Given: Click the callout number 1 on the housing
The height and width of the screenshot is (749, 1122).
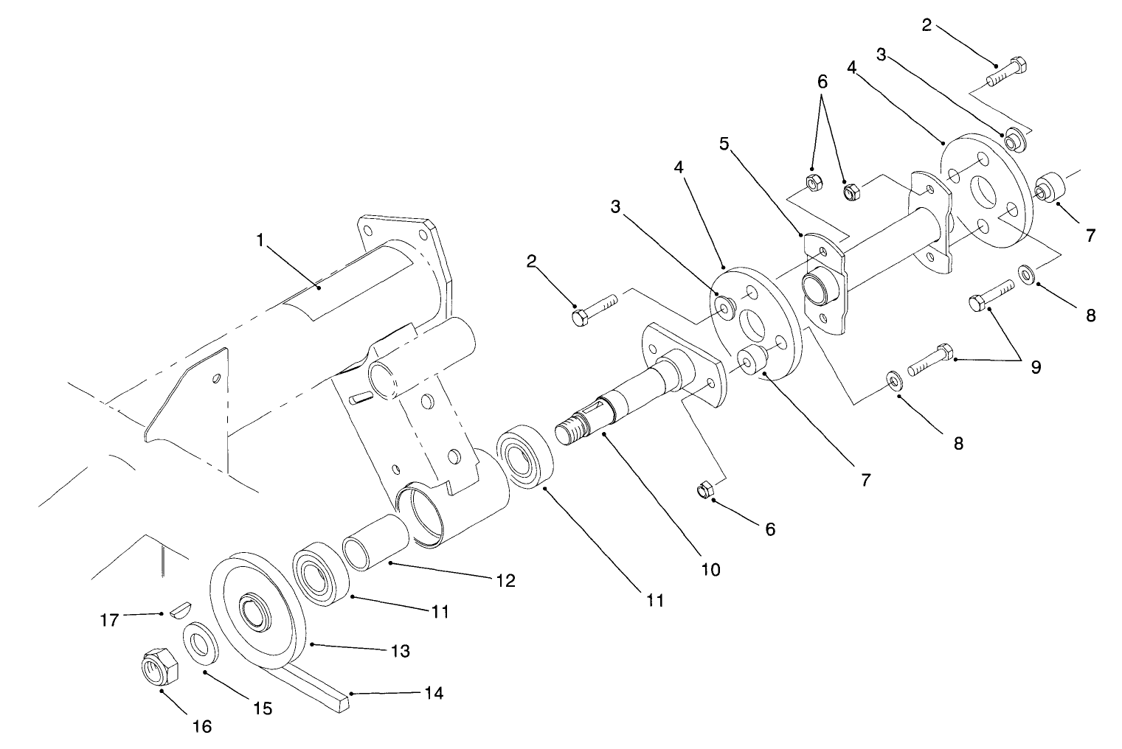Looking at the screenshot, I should pyautogui.click(x=260, y=240).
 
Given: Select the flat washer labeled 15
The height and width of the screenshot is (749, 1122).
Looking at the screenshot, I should pyautogui.click(x=200, y=644).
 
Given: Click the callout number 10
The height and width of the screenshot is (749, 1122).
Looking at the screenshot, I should pyautogui.click(x=711, y=569).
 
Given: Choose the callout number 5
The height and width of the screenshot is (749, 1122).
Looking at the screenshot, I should pyautogui.click(x=724, y=143).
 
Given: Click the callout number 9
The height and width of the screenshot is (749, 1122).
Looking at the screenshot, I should pyautogui.click(x=1035, y=366).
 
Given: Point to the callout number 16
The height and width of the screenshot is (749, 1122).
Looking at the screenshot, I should pyautogui.click(x=202, y=726).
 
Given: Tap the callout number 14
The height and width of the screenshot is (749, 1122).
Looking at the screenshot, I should pyautogui.click(x=434, y=693).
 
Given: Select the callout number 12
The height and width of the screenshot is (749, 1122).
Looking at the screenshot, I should pyautogui.click(x=505, y=580).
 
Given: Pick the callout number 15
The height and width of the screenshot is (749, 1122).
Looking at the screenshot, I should pyautogui.click(x=263, y=708).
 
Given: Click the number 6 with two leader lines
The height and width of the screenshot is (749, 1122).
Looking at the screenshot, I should pyautogui.click(x=823, y=83).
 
